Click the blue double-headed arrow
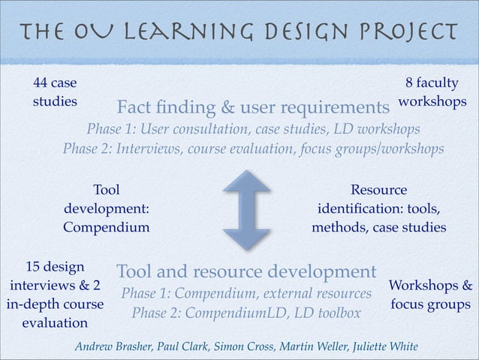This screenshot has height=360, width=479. tap(246, 210)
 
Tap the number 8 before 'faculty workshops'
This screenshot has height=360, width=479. tap(409, 83)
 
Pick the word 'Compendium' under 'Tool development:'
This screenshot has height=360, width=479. tap(106, 226)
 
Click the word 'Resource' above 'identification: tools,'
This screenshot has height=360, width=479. tap(378, 190)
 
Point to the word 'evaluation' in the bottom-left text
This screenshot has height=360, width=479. tap(55, 323)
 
